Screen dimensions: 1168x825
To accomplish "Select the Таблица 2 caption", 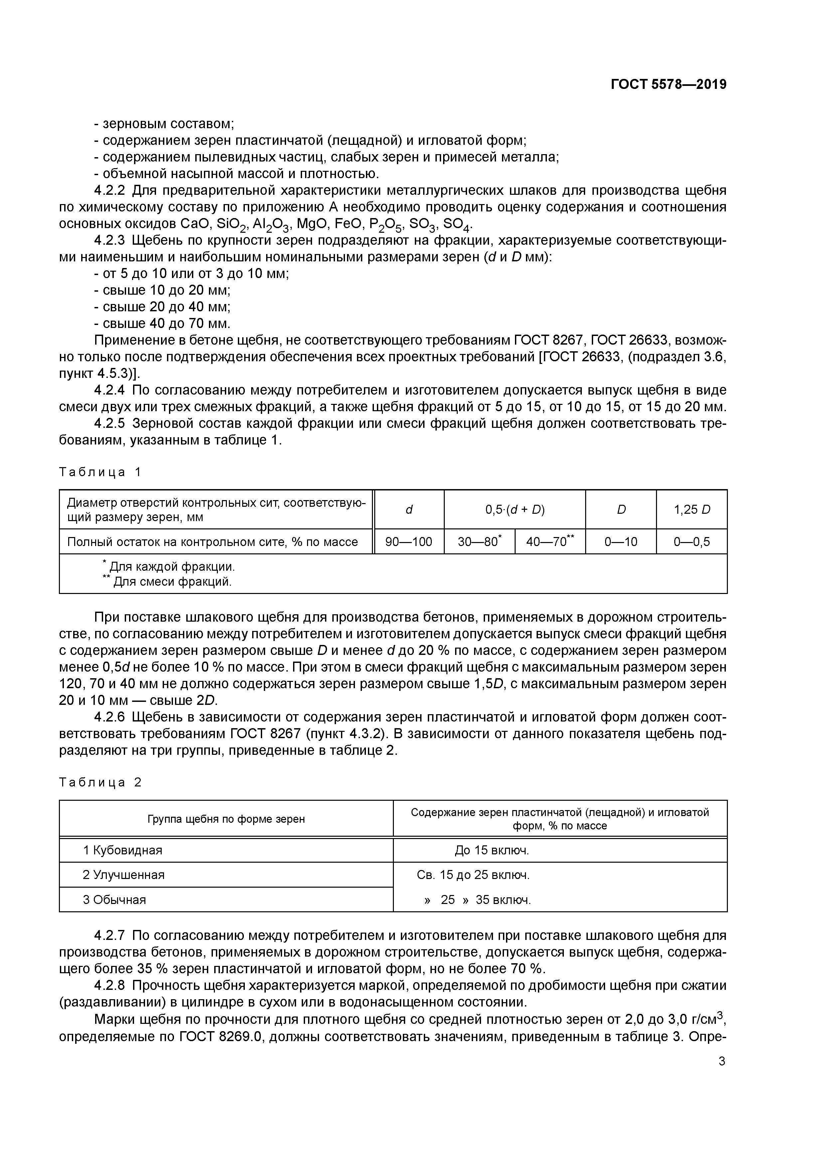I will click(100, 782).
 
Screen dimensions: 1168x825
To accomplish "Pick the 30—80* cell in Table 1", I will click(479, 542).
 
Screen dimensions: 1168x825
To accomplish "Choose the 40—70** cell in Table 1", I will click(550, 542).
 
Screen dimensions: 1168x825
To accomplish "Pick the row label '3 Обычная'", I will click(114, 899).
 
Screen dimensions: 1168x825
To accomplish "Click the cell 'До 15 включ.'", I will click(492, 850).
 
